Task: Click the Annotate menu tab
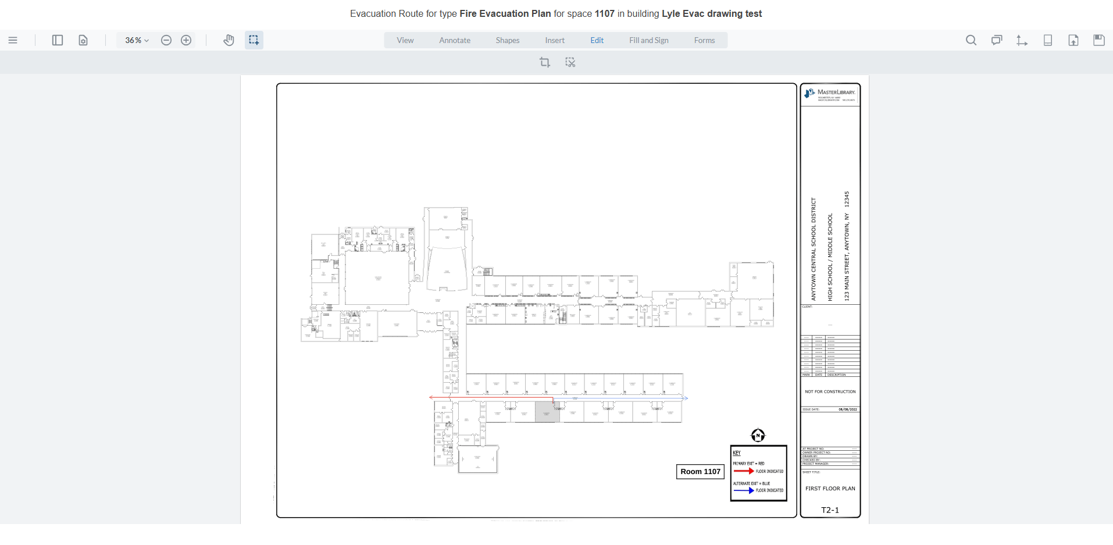[x=455, y=40]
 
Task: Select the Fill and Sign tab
[x=648, y=40]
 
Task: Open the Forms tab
[x=704, y=40]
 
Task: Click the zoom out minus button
[x=166, y=40]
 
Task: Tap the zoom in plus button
[x=186, y=40]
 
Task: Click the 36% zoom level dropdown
[x=137, y=40]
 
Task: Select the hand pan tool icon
[x=229, y=40]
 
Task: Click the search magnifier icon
[x=971, y=40]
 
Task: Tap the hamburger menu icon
[x=13, y=40]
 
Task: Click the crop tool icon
[x=544, y=62]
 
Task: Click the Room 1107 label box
[x=700, y=472]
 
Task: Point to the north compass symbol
[x=758, y=435]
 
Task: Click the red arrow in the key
[x=743, y=471]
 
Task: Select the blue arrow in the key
[x=743, y=490]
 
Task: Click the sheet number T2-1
[x=830, y=510]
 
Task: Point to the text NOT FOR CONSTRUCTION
[x=830, y=391]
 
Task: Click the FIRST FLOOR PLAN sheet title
[x=830, y=489]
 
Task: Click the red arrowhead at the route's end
[x=431, y=397]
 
